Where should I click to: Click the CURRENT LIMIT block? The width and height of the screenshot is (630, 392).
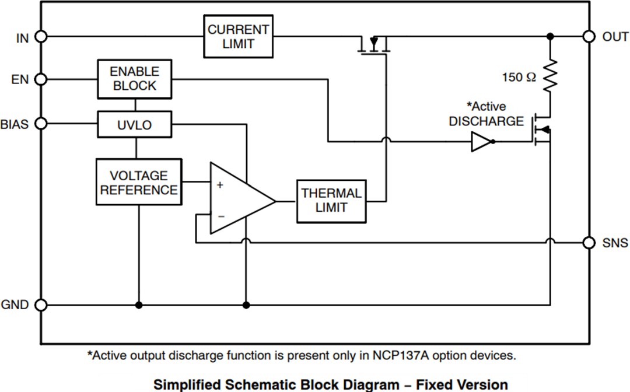238,36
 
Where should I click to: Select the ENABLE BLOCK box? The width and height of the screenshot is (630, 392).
134,79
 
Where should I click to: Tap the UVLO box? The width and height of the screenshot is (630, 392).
134,124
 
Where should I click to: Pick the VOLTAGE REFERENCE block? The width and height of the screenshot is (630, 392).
138,182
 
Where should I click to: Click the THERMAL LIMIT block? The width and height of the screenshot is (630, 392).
331,201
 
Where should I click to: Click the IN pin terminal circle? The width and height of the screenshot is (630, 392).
41,36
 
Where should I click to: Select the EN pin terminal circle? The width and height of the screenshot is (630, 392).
41,79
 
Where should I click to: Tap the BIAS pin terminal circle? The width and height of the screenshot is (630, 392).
41,124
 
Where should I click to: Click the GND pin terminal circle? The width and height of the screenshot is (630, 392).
41,304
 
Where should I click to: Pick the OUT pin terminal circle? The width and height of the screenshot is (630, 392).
589,36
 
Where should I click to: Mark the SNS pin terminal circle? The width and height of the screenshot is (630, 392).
589,242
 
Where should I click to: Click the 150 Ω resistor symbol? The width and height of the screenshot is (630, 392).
550,76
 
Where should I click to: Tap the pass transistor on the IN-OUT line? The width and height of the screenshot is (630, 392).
373,45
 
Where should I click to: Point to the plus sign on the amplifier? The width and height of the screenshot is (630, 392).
220,185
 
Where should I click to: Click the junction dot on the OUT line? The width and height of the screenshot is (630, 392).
550,36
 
